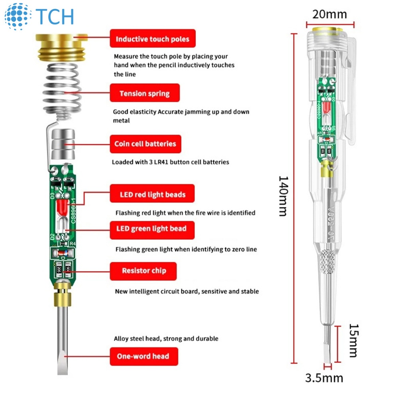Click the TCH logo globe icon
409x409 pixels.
click(18, 16)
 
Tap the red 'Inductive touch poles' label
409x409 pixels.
click(153, 39)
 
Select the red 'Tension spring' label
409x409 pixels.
click(145, 93)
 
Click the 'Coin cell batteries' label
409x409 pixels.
click(145, 144)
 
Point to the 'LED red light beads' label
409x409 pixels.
click(153, 195)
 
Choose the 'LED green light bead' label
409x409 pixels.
click(152, 228)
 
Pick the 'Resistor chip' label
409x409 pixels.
click(143, 270)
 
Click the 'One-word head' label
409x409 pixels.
click(143, 356)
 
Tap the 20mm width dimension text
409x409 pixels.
click(330, 14)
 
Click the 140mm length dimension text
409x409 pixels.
click(283, 196)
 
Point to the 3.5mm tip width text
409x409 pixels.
click(324, 377)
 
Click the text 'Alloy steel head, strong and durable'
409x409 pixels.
click(166, 338)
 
